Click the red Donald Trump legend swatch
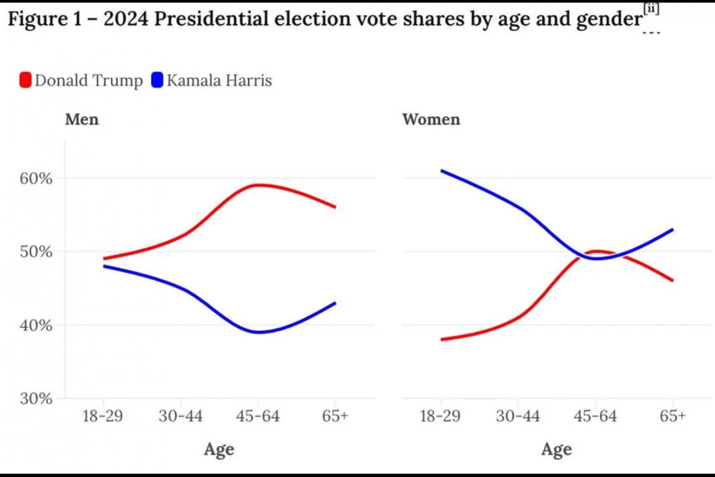(25, 80)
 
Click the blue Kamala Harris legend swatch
(157, 80)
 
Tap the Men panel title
(82, 119)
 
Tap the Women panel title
(431, 119)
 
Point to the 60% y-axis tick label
(36, 178)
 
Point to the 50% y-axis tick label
(36, 251)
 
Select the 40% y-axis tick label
(36, 325)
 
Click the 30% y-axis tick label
(36, 398)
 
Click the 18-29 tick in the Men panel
(103, 416)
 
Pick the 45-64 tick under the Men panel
(258, 416)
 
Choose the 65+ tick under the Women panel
(673, 416)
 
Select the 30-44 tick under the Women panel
(518, 416)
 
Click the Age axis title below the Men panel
(219, 449)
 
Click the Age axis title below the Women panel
(557, 449)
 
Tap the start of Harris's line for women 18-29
(442, 171)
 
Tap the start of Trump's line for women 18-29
(442, 340)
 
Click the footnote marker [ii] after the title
(651, 9)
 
